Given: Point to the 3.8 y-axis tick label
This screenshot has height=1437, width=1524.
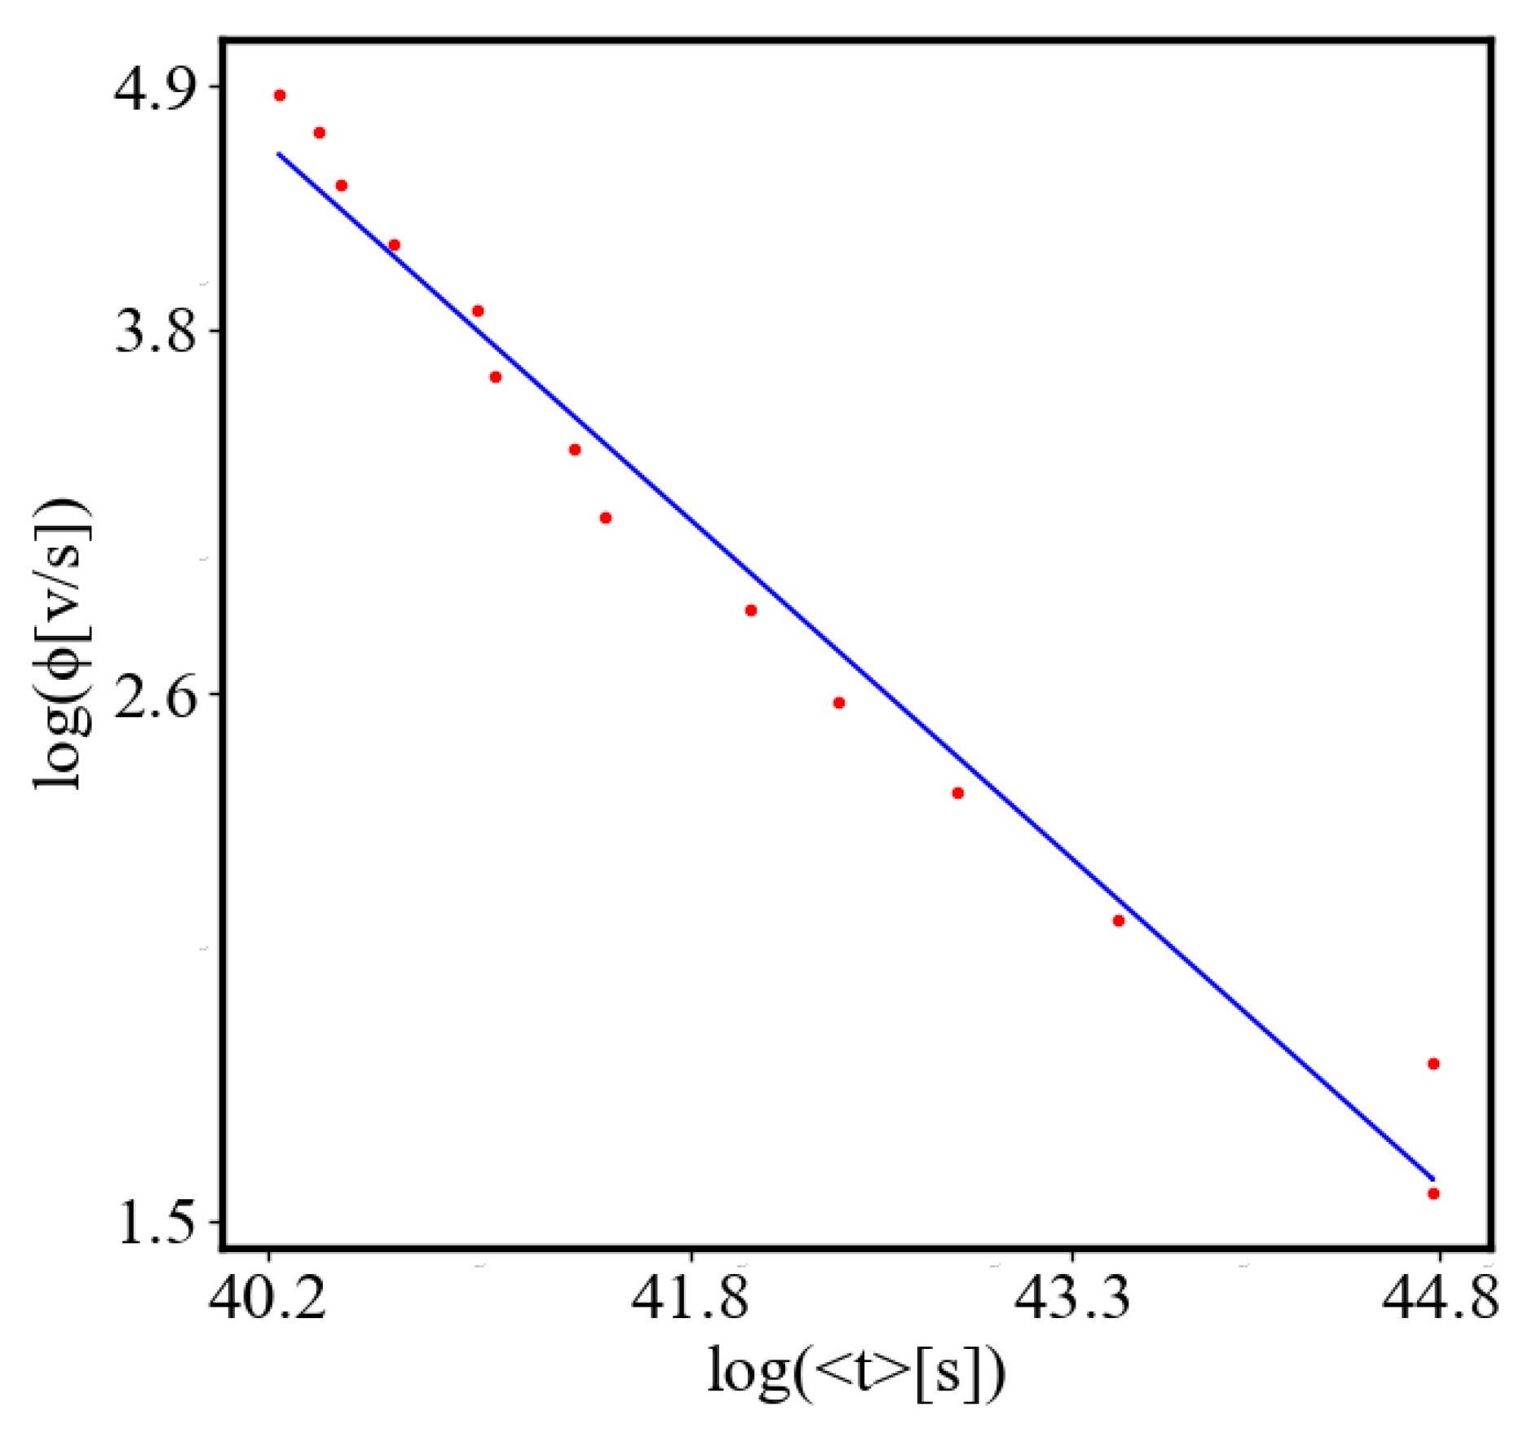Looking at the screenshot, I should [156, 331].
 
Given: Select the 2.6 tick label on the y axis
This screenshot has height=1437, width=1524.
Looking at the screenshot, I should [156, 694].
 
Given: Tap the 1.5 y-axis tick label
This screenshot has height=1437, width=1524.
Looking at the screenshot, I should [156, 1222].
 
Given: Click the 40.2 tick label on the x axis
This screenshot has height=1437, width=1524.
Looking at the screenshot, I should [268, 1298].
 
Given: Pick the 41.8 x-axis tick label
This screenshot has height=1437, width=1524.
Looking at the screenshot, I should [691, 1298].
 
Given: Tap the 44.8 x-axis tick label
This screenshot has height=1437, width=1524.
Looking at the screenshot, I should [1439, 1298].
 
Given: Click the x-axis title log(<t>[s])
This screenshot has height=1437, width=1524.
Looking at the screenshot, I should [856, 1373].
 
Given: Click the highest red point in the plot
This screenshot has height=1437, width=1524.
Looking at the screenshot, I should [280, 95].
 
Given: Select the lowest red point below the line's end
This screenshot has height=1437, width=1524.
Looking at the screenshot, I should [1433, 1194].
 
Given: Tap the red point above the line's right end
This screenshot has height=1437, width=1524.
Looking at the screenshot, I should [1433, 1064].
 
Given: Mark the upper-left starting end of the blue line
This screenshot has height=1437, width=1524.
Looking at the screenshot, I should [279, 153].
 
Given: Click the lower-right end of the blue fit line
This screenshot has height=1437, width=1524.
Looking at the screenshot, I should [1433, 1179].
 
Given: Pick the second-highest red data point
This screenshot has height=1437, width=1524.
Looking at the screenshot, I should [320, 133].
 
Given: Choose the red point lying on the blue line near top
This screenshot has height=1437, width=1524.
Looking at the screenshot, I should [395, 245].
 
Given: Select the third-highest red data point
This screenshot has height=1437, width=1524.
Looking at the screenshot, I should [342, 186].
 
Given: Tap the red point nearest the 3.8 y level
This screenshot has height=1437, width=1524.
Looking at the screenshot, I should [478, 311].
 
